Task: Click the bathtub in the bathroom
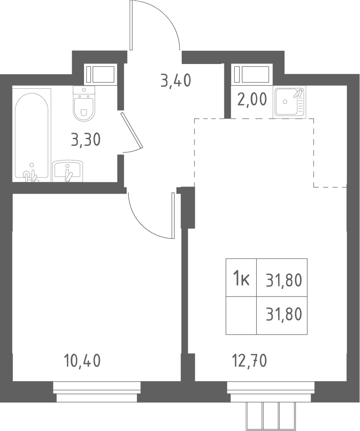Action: [32, 135]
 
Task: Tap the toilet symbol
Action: [84, 103]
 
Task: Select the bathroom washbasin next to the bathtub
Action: [67, 172]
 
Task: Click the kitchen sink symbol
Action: [290, 102]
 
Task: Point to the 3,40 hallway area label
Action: [176, 81]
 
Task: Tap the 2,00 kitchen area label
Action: [252, 99]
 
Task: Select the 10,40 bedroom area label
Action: [82, 361]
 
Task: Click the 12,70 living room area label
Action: [250, 361]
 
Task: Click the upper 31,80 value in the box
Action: [284, 281]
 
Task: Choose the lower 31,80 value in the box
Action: [284, 315]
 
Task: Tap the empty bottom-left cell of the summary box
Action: [241, 315]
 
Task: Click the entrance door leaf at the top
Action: [131, 25]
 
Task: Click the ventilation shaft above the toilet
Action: [100, 74]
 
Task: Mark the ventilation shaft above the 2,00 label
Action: [251, 74]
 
